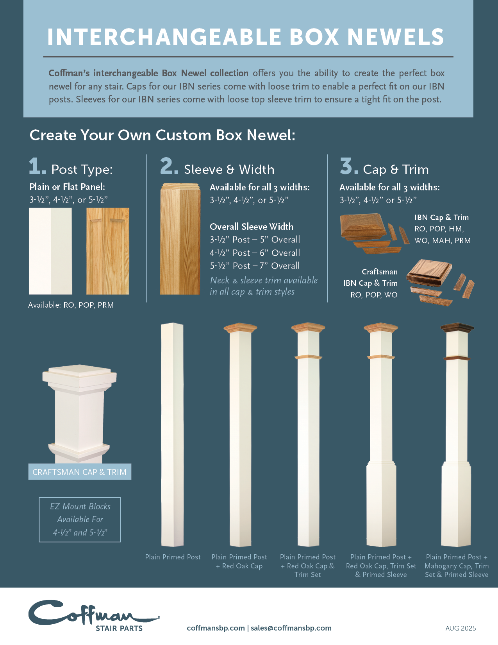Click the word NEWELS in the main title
395,37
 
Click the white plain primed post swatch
50,251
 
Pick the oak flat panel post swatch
107,251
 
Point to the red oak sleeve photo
180,239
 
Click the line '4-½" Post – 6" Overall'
255,253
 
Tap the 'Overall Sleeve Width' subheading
252,227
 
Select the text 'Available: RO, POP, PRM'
71,305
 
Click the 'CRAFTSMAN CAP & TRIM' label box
80,472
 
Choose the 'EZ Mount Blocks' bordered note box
80,520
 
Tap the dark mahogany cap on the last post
457,328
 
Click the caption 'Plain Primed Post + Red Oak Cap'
239,561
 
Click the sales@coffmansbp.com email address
291,628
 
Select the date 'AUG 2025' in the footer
461,628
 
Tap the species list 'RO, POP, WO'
374,295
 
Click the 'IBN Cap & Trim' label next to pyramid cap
441,217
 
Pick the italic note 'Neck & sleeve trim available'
264,280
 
